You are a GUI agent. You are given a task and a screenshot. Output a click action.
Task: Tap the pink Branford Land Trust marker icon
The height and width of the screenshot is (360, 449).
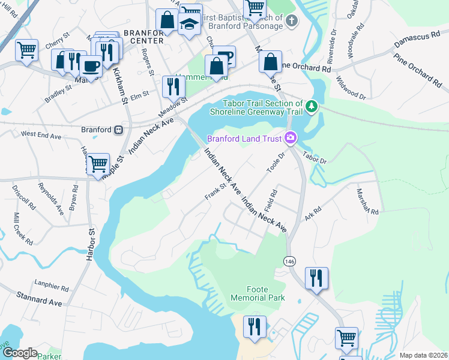(x=291, y=139)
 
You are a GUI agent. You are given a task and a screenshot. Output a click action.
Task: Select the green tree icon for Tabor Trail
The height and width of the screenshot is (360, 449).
(x=311, y=107)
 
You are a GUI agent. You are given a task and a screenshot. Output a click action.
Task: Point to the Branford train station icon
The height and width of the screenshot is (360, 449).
(x=119, y=130)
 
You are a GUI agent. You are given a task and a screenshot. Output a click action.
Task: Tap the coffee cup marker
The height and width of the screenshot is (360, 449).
(x=91, y=66)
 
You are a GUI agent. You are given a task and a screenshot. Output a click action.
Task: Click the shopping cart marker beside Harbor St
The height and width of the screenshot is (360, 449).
(x=98, y=163)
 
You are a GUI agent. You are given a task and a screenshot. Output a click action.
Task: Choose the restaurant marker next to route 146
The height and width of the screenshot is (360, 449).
(x=316, y=278)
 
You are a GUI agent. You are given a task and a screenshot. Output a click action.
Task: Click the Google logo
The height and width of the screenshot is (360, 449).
(x=20, y=353)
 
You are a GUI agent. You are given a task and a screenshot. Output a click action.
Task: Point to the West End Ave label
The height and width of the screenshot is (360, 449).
(x=41, y=136)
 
